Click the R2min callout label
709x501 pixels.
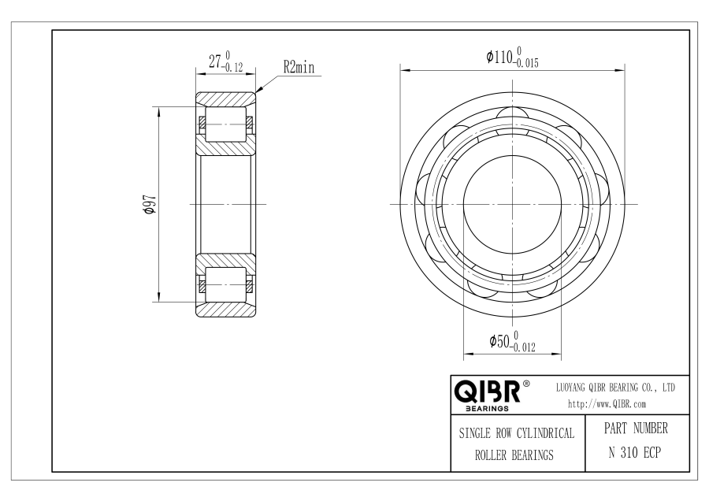click(x=299, y=68)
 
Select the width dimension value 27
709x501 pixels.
click(x=215, y=61)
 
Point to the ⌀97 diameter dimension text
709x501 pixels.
click(x=150, y=204)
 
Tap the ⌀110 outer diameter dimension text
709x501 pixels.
click(x=499, y=57)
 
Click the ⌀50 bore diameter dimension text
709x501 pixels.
click(x=499, y=341)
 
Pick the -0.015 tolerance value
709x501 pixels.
click(x=526, y=63)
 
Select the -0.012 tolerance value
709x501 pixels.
click(x=523, y=347)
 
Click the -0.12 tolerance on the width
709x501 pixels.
click(x=232, y=68)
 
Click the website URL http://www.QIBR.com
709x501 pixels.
click(x=607, y=404)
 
